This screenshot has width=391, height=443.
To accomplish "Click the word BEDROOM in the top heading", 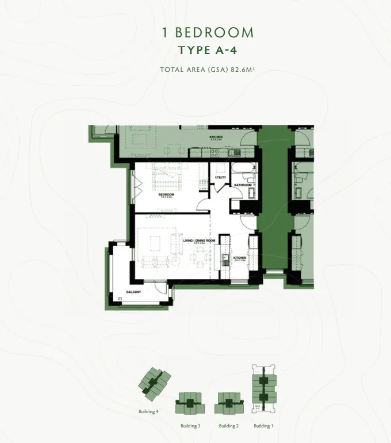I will tap(214, 33).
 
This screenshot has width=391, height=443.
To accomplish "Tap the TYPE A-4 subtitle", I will tap(208, 50).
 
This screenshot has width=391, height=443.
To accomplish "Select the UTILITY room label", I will tap(221, 178).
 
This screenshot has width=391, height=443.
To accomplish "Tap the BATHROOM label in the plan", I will tap(243, 185).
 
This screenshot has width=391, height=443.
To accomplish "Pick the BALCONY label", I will tap(133, 299).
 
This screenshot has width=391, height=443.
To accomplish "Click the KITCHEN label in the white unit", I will tap(239, 258).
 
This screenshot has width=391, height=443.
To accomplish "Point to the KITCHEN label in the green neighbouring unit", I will tap(216, 137).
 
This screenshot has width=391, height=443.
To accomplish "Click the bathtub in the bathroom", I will tap(244, 170).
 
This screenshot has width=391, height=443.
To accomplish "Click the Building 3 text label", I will tap(190, 426).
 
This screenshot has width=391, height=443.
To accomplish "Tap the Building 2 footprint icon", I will tap(228, 403).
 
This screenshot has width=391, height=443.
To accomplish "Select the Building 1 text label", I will tap(263, 426).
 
